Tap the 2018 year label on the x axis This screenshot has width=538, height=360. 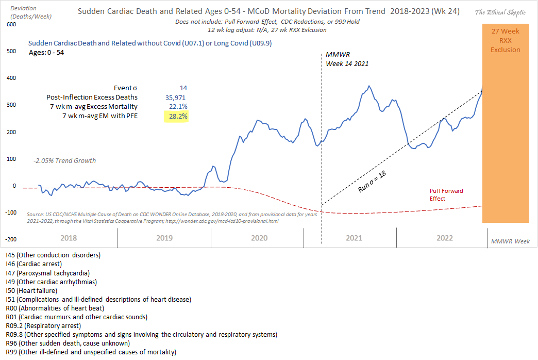(70, 238)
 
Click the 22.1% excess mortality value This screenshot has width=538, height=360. (176, 107)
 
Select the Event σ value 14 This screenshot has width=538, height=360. (183, 88)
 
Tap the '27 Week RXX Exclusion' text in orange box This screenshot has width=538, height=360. (506, 41)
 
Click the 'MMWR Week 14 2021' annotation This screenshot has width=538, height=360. (347, 59)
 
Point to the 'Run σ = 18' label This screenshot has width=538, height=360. (373, 182)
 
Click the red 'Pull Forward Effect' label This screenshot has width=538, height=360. (446, 194)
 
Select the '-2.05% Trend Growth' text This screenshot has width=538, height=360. (64, 160)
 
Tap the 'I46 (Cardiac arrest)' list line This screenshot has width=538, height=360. (33, 264)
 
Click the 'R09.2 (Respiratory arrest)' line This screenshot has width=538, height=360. (43, 326)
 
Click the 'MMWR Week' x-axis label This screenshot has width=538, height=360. (510, 241)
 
